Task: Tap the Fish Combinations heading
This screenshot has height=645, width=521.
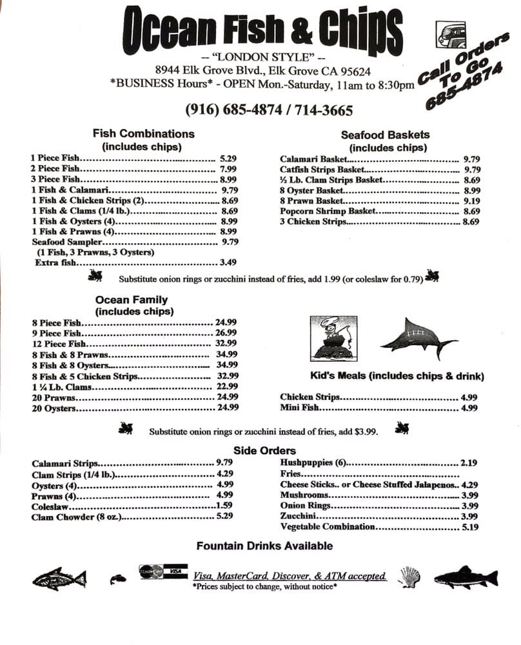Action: [x=143, y=134]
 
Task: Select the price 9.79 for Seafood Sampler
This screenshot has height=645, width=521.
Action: [x=230, y=242]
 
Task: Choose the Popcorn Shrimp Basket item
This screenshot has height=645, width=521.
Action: [x=327, y=211]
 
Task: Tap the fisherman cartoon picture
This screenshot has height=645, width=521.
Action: [x=333, y=337]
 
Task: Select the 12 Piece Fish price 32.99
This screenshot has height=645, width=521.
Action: [x=228, y=344]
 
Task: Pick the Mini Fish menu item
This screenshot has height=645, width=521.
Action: [x=300, y=408]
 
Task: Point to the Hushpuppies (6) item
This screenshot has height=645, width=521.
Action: [x=313, y=462]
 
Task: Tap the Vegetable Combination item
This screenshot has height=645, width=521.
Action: [x=328, y=526]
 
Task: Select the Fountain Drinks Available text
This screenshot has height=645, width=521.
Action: [x=264, y=546]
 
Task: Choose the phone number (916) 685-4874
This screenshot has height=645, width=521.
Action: [x=233, y=110]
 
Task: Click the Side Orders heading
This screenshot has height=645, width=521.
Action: [x=264, y=450]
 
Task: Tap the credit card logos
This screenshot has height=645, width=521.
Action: [x=163, y=571]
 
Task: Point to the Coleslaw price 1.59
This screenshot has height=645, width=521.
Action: [x=224, y=506]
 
